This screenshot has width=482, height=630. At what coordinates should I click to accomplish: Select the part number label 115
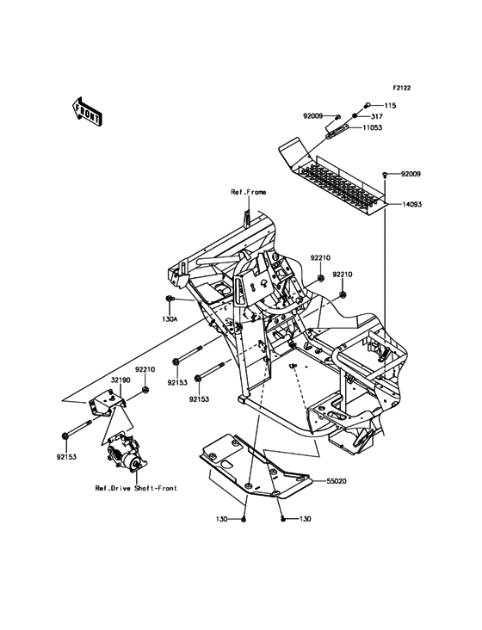(390, 105)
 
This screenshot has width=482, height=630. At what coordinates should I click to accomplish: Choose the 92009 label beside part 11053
(312, 115)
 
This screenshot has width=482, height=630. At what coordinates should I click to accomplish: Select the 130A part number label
(170, 318)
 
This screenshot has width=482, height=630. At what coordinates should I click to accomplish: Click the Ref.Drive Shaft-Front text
(136, 488)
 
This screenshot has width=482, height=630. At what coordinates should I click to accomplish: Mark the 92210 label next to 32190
(145, 369)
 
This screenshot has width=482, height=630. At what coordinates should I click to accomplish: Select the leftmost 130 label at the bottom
(223, 520)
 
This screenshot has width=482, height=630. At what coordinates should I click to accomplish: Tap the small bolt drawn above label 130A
(169, 299)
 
